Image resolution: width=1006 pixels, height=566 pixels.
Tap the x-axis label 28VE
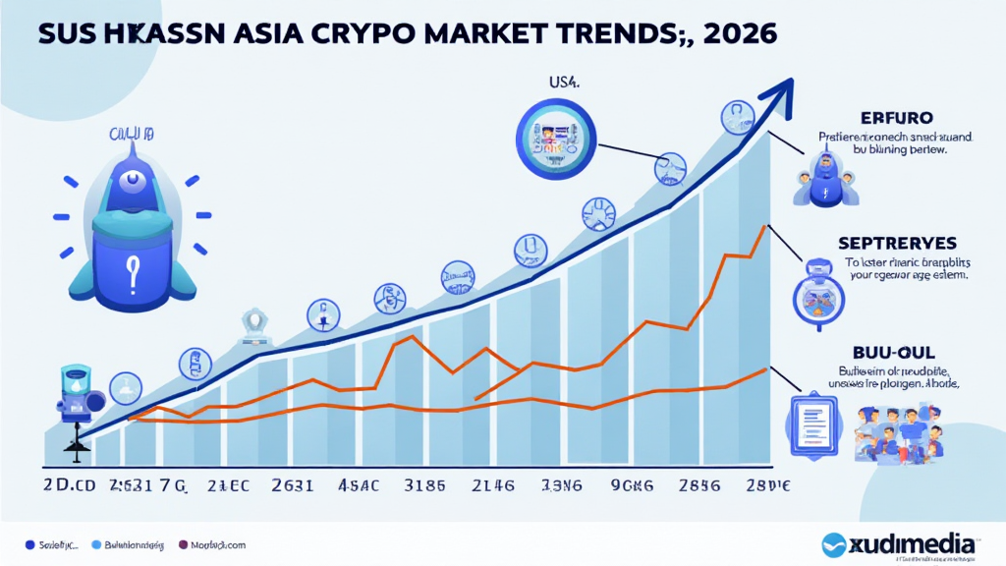point(767,485)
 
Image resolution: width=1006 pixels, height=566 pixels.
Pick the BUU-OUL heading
point(886,351)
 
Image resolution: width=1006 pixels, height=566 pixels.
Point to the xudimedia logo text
point(914,544)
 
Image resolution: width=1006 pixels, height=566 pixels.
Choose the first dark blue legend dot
point(30,543)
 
